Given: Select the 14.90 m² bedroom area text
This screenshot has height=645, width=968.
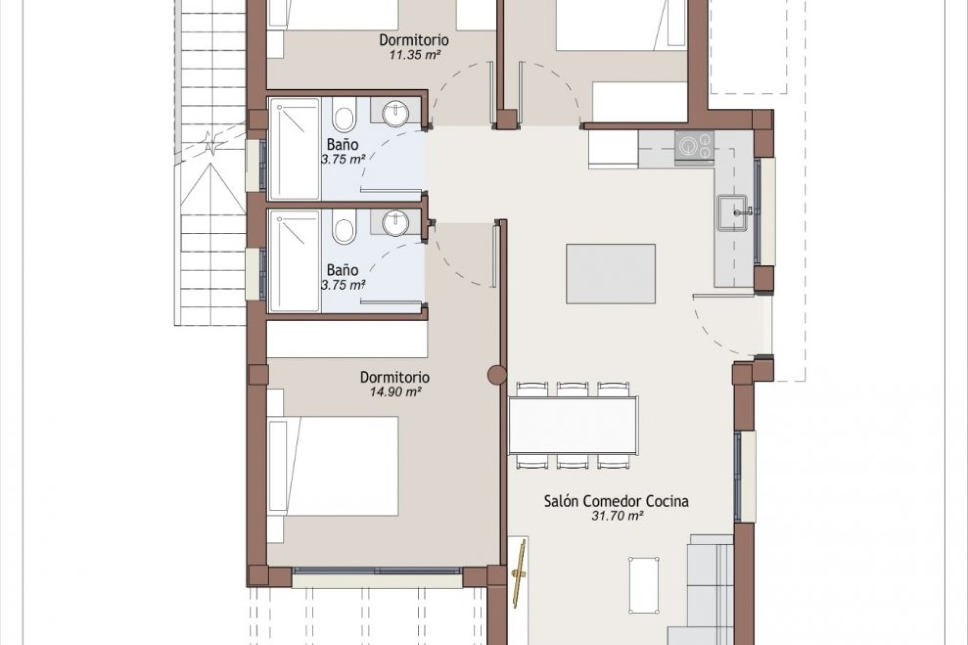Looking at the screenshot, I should click(x=395, y=392).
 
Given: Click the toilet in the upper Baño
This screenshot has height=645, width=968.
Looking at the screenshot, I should click(x=345, y=115).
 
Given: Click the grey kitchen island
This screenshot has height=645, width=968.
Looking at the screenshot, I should click(x=611, y=274).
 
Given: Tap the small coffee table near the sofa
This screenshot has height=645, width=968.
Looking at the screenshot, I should click(x=644, y=582).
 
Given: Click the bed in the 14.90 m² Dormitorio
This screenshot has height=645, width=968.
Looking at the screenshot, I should click(x=333, y=466).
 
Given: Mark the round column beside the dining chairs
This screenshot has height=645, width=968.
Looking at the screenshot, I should click(x=497, y=374).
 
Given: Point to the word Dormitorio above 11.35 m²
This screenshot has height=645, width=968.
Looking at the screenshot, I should click(x=414, y=40).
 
